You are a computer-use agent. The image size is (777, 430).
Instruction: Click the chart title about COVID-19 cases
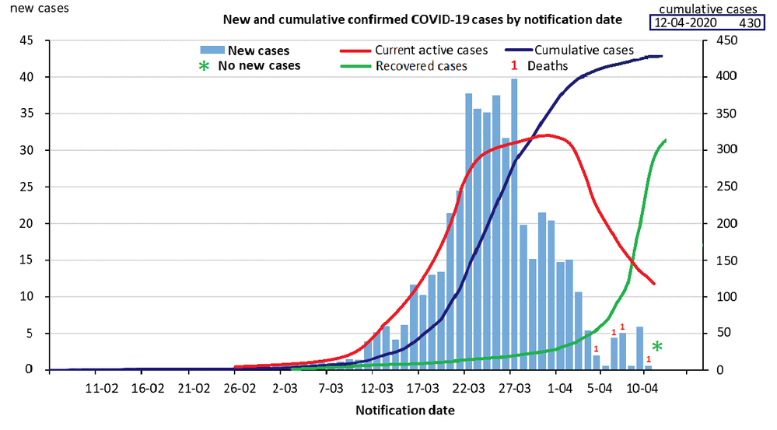(422, 19)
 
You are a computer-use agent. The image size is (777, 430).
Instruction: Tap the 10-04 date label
(644, 386)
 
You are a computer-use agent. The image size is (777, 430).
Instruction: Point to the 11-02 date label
(102, 386)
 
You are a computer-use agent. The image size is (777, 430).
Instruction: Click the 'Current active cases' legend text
(432, 50)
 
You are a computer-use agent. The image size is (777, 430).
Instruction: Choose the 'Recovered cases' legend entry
(421, 65)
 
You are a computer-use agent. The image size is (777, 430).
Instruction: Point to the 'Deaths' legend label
(548, 65)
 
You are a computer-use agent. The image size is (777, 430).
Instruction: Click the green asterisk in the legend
(205, 66)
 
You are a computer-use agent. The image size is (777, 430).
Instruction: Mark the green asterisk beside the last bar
(657, 346)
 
